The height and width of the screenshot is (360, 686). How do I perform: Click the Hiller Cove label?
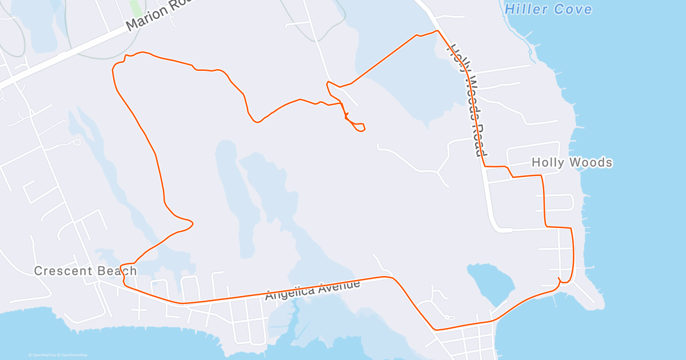[x=548, y=9]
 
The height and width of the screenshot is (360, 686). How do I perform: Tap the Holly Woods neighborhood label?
[x=572, y=163]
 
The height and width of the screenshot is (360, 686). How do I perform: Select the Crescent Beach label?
[x=85, y=271]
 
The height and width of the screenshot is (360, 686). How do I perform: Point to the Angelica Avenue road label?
[x=313, y=289]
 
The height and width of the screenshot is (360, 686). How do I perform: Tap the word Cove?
[x=573, y=9]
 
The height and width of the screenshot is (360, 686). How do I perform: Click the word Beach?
[x=117, y=271]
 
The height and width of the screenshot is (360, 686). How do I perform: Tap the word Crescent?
[x=62, y=271]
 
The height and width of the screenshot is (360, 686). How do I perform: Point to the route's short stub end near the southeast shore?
[x=559, y=279]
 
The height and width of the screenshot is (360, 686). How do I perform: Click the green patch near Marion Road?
[x=136, y=7]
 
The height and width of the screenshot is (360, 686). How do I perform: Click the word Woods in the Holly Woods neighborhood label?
[x=592, y=163]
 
